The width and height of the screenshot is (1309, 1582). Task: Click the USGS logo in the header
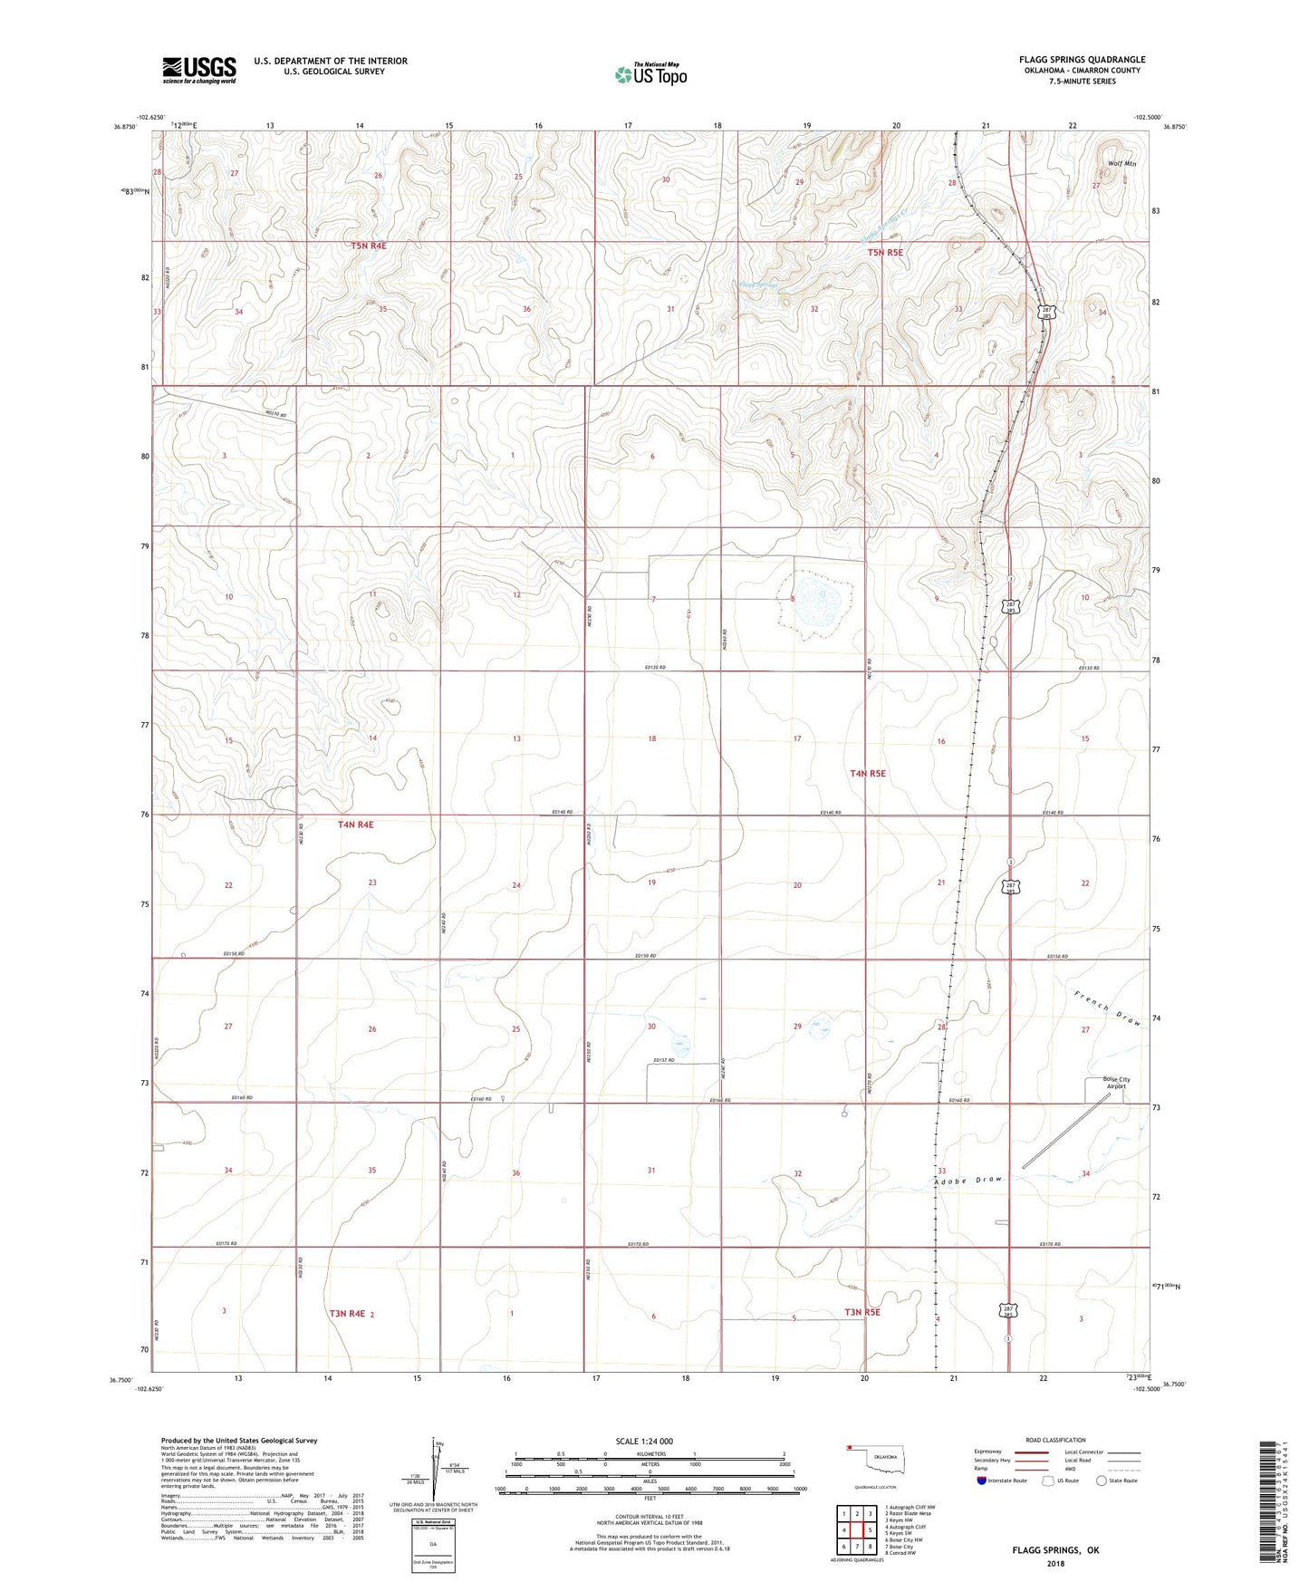[199, 70]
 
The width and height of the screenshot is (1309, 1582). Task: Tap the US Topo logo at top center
[650, 74]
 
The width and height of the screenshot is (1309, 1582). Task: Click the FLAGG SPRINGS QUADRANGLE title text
[1082, 60]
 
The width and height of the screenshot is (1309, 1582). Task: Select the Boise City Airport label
[1103, 1083]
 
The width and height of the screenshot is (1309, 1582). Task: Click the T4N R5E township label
[868, 774]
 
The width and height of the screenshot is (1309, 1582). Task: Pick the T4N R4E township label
[355, 825]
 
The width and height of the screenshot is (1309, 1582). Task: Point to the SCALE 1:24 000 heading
[644, 1441]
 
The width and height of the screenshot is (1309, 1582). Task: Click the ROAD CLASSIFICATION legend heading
[1056, 1440]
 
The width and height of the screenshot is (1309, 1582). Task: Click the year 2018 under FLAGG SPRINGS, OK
[1054, 1563]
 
